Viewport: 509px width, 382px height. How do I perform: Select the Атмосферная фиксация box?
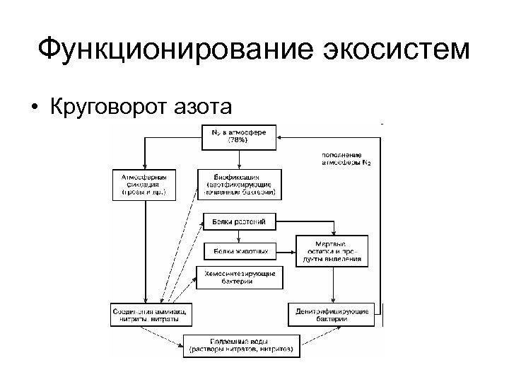(144, 183)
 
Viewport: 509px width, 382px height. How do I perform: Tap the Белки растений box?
(240, 222)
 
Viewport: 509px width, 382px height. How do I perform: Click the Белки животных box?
(240, 250)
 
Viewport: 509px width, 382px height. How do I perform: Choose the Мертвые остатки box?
(334, 250)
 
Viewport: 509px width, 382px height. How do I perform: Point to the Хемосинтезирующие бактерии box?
(240, 277)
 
